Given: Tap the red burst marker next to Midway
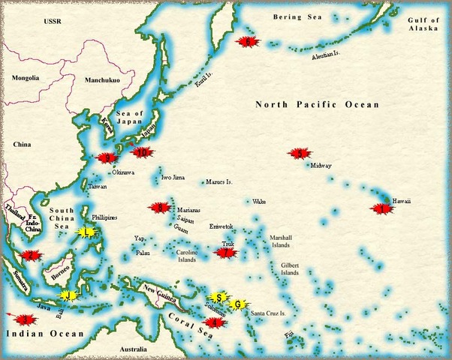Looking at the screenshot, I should point(300,153).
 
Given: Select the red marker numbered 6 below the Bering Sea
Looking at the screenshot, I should point(247,42).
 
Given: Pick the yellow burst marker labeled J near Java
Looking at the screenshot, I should point(68,295).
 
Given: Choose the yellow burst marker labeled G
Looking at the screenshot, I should point(237,304).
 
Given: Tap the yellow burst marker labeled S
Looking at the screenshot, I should point(218,297).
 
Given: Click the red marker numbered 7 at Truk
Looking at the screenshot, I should point(226,253).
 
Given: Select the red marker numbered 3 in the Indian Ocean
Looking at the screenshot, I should point(26,319).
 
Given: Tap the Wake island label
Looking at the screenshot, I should point(259,202).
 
